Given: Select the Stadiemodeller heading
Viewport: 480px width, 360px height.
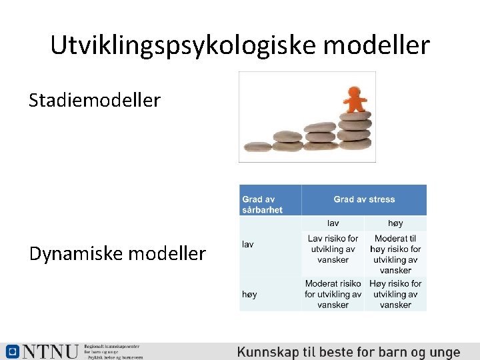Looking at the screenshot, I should (95, 101).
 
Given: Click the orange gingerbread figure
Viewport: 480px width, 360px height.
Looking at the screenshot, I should (355, 100).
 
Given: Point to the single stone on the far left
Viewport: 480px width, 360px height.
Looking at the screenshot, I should (257, 147).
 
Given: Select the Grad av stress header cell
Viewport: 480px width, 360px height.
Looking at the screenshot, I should (364, 199).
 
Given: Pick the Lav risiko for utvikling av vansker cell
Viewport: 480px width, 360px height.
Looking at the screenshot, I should (333, 249).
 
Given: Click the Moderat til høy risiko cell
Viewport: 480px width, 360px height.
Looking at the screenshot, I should (395, 254).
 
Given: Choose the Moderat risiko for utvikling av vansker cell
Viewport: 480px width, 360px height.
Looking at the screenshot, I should (333, 294).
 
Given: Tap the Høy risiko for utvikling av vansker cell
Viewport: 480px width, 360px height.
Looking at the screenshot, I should (395, 294).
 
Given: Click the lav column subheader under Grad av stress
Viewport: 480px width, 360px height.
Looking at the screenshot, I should (333, 223).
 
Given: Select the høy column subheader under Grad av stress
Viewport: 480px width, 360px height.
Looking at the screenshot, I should (395, 223).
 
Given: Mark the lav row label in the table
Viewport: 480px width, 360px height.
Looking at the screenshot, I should (248, 245).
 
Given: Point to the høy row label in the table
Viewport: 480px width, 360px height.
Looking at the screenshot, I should (249, 294).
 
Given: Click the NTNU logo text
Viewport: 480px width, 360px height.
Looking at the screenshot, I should (50, 352).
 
